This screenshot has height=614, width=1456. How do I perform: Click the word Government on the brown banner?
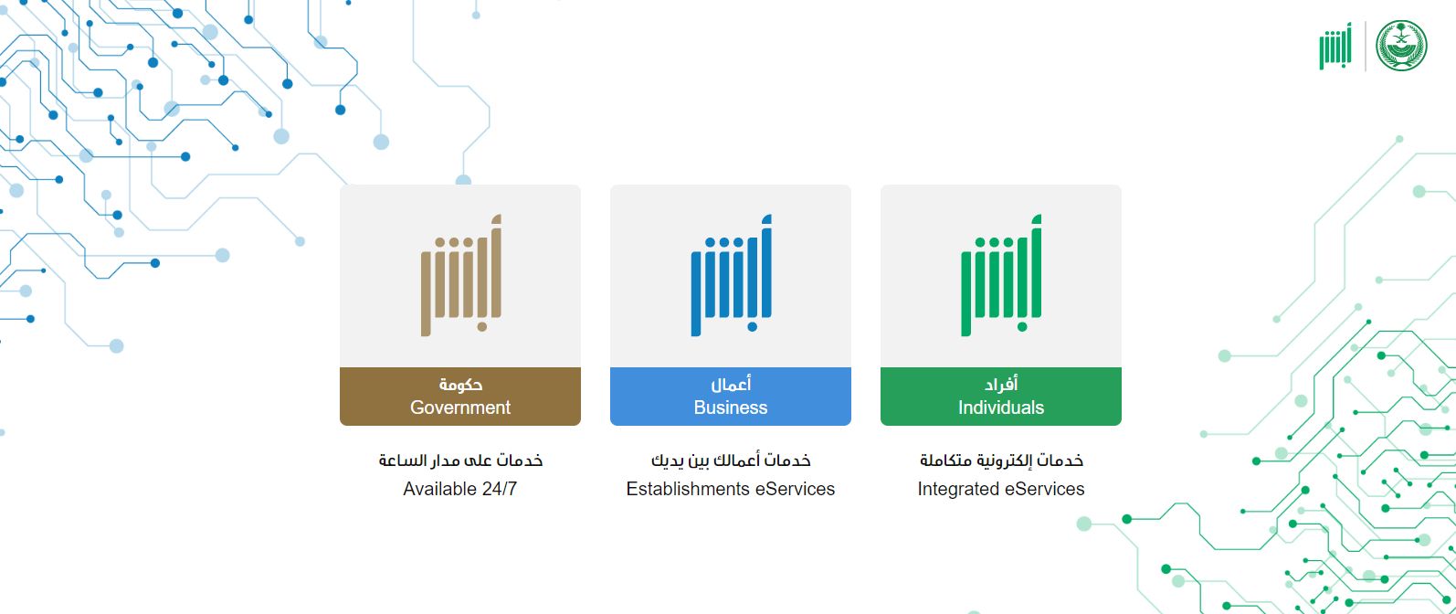click(x=460, y=408)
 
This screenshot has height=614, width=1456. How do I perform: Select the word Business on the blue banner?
click(x=731, y=408)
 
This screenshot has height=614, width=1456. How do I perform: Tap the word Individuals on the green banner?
click(x=1001, y=408)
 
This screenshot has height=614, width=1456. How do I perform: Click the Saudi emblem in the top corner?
click(x=1400, y=46)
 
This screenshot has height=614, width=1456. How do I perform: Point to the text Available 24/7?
click(x=460, y=489)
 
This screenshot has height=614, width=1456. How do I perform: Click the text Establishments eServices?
click(x=731, y=489)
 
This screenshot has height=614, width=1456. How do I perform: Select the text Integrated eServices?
click(x=1001, y=489)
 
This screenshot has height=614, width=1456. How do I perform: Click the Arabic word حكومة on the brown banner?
click(x=460, y=385)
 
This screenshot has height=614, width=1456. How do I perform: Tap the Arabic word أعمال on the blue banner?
click(x=731, y=385)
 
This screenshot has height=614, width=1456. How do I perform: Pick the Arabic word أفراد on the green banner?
click(x=1001, y=385)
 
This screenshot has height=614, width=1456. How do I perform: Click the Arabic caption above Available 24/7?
click(x=460, y=460)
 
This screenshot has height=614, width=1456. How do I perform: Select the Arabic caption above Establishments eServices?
click(x=731, y=460)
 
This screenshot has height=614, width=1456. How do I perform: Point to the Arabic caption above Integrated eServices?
click(x=1001, y=460)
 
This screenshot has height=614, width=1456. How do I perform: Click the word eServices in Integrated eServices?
click(x=1044, y=489)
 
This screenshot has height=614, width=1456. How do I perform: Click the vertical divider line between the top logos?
click(x=1366, y=46)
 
